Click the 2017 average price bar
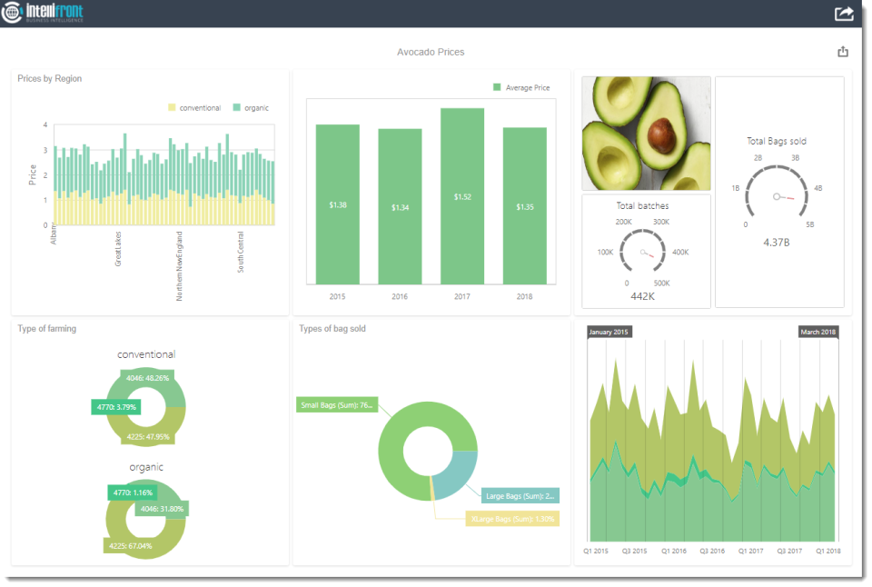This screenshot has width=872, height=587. pos(462,196)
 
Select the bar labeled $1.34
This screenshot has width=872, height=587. pos(400,207)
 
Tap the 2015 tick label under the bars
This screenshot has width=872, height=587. pos(337,296)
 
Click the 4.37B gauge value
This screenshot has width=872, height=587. pos(776,242)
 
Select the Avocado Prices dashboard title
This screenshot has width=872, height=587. pos(431,53)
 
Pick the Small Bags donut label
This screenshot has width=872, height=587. pos(336,405)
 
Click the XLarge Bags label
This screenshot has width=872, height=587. pos(512,519)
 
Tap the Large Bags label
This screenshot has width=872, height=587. pos(520,496)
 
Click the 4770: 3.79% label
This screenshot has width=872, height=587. pos(114,407)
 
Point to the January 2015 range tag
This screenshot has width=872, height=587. pos(609,333)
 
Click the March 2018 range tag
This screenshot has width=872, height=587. pos(818,333)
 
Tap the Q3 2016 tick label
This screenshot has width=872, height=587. pos(711,551)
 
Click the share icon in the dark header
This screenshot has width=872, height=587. pos(844,14)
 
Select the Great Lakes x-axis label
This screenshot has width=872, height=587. pos(118,248)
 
